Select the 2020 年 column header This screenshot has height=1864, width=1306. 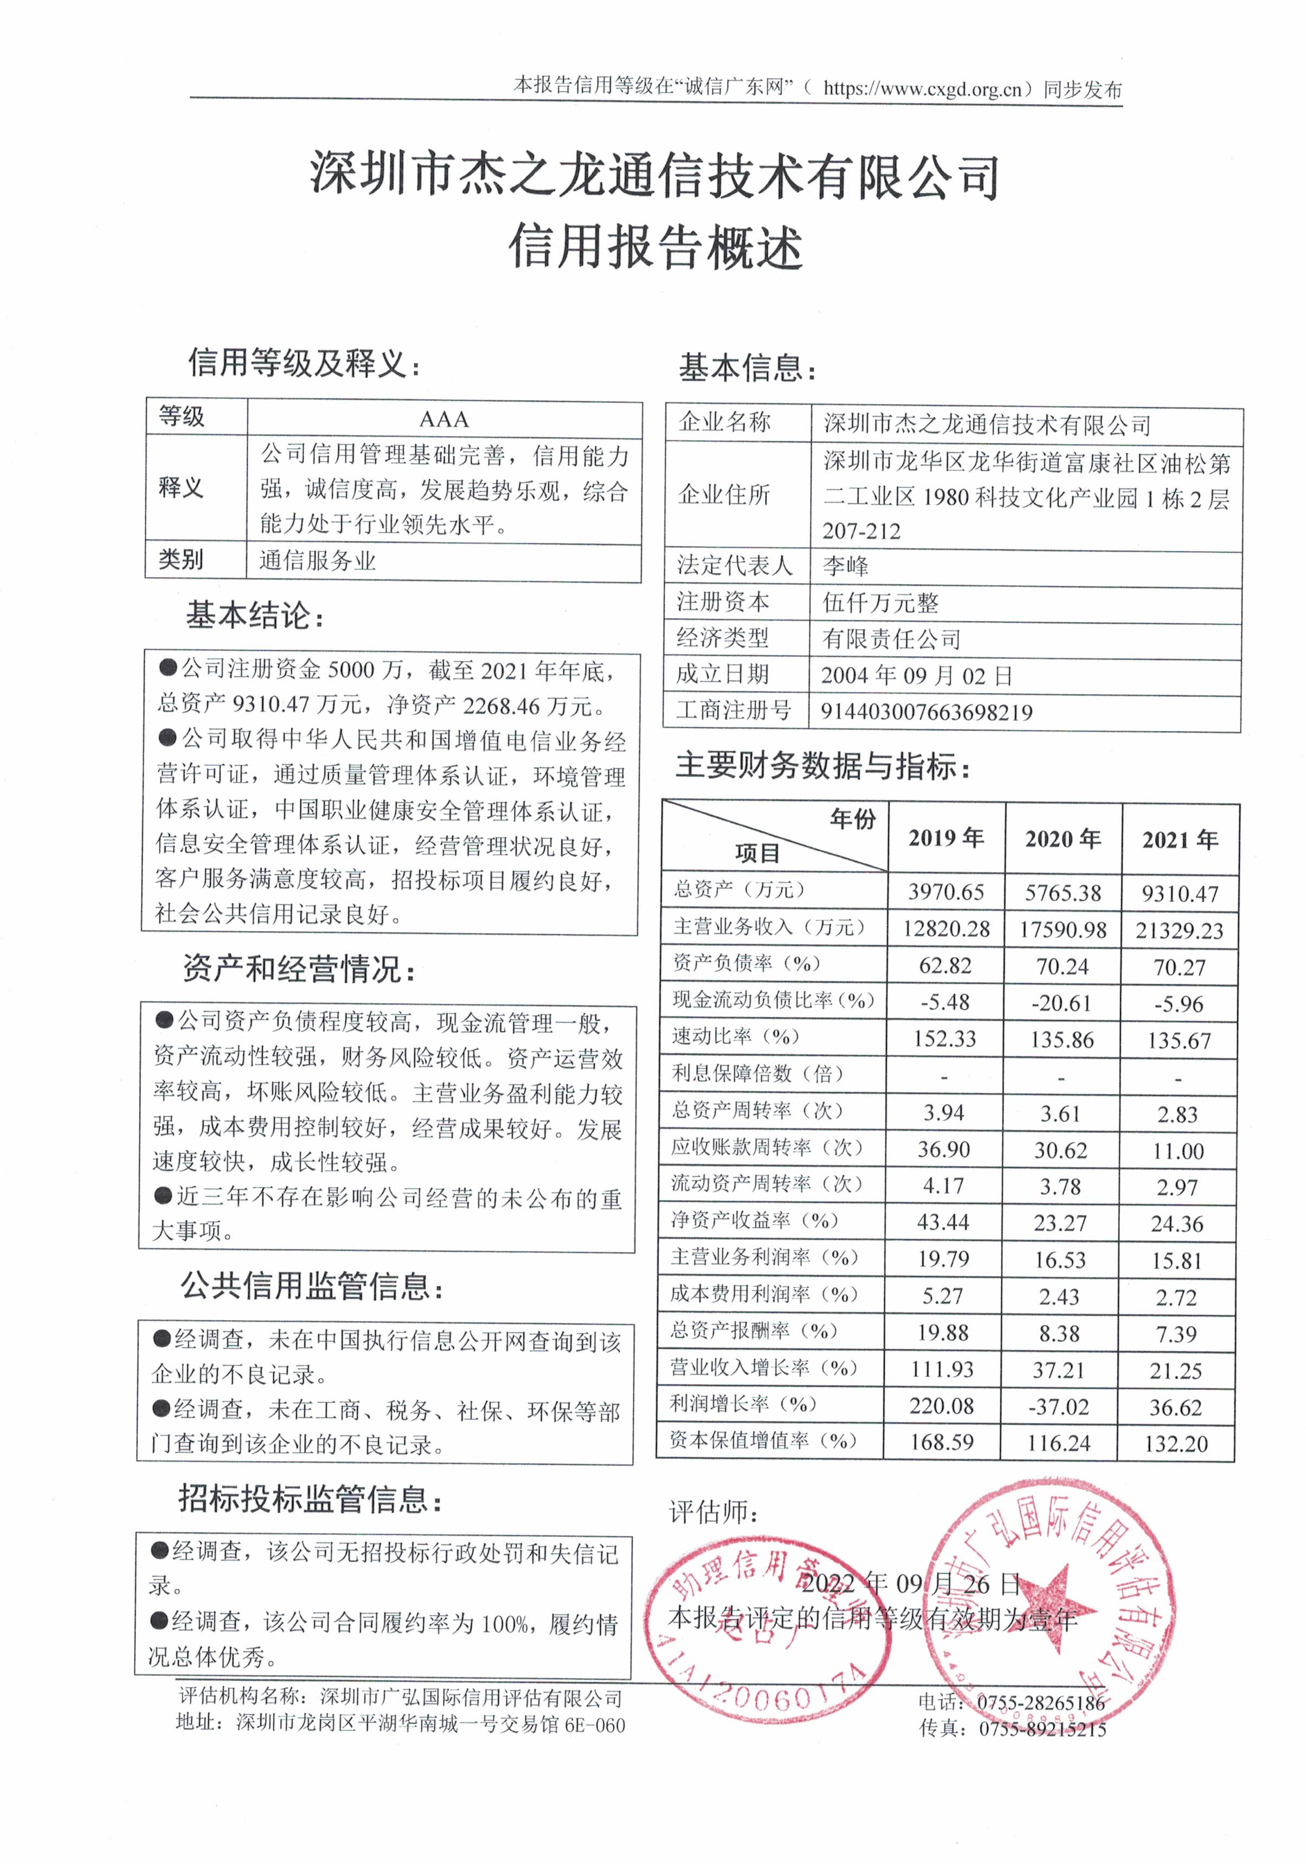coord(1063,838)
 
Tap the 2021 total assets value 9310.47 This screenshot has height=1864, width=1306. coord(1179,894)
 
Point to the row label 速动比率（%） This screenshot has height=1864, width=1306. coord(735,1037)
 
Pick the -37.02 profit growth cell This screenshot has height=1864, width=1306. coord(1059,1407)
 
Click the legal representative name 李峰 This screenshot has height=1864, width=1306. coord(845,566)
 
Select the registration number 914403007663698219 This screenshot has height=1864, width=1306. coord(926,712)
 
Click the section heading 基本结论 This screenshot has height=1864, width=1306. coord(255,616)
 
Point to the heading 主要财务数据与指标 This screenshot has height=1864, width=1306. coord(822,765)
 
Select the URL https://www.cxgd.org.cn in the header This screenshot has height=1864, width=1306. coord(923,88)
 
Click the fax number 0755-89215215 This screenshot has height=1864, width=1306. coord(1042,1728)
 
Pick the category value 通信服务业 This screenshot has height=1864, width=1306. coord(317,561)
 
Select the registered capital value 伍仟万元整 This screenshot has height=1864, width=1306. coord(880,603)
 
